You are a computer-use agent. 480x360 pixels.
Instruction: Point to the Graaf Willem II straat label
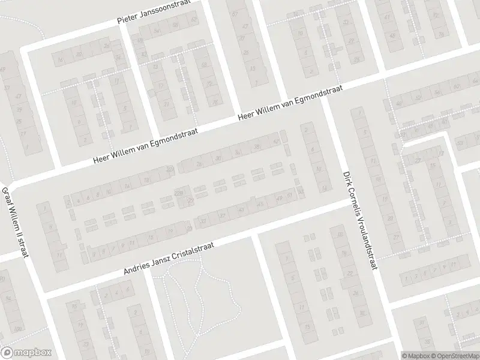(x=16, y=222)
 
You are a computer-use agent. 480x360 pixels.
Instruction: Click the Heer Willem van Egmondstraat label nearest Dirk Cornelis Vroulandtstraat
(x=290, y=103)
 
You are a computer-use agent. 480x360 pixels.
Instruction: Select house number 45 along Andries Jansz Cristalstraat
(x=260, y=205)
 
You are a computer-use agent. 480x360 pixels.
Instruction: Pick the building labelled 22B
(x=179, y=192)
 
